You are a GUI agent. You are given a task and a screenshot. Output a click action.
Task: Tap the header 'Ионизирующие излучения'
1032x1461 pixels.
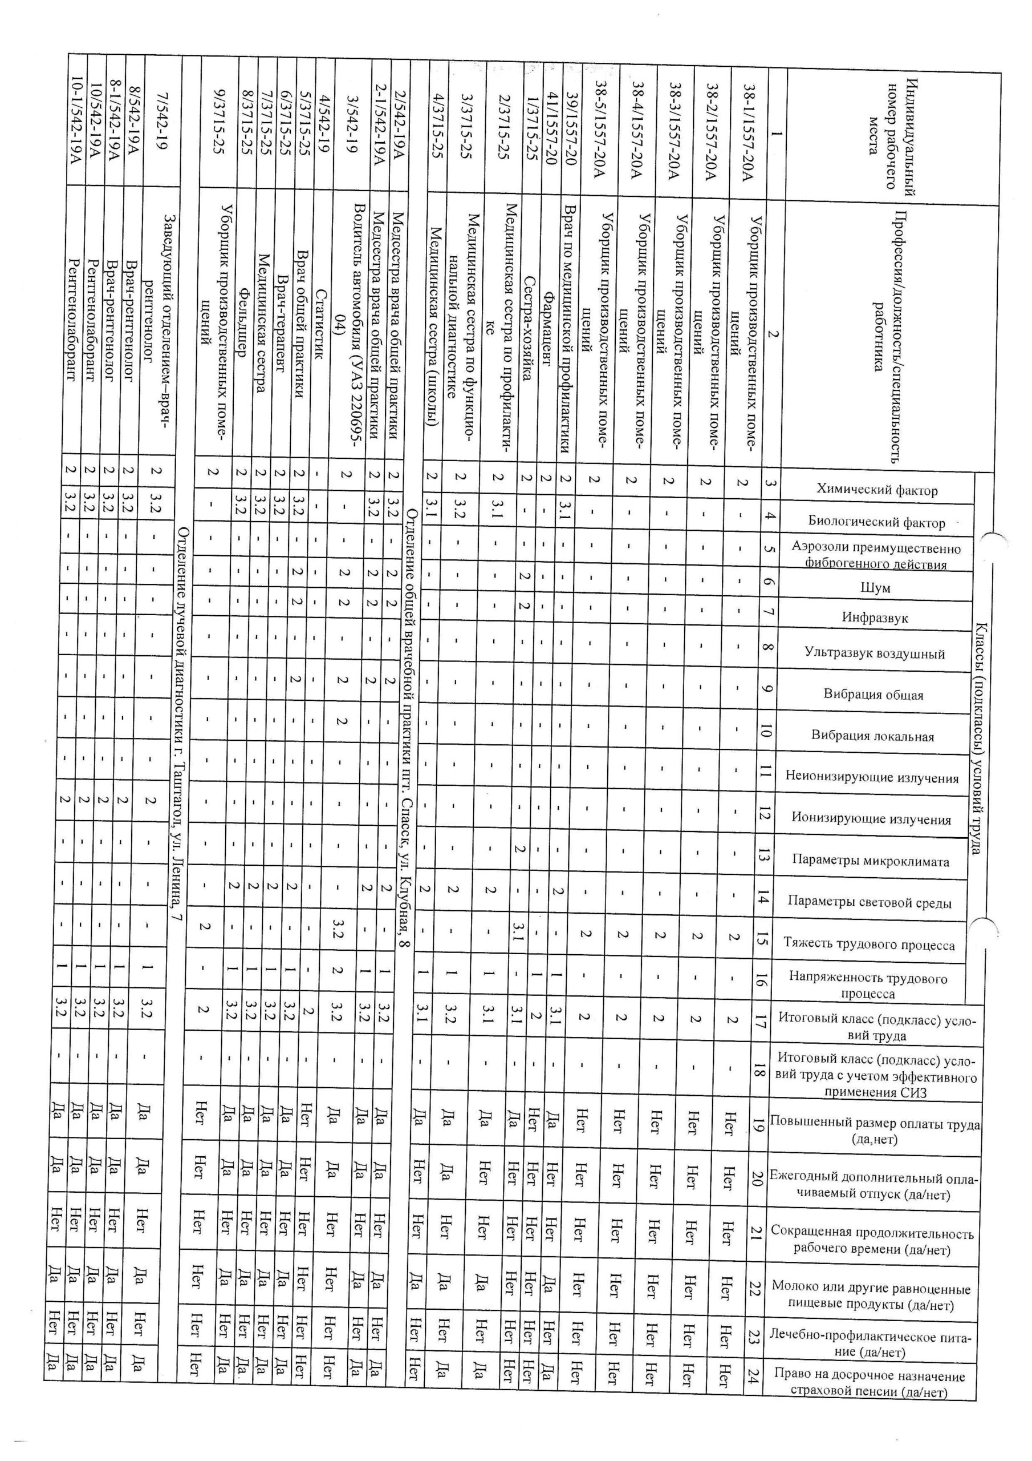(871, 819)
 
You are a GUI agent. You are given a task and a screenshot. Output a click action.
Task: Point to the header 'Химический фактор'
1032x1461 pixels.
(876, 490)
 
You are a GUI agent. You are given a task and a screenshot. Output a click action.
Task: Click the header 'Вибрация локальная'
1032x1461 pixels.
(872, 736)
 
